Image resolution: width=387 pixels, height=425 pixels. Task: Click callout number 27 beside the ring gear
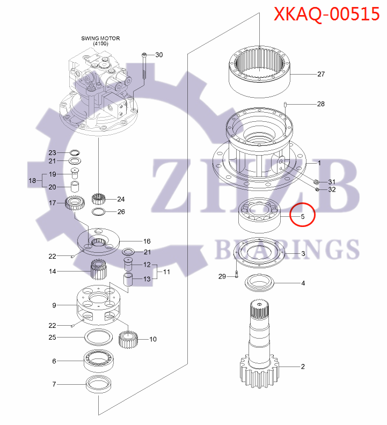(321, 74)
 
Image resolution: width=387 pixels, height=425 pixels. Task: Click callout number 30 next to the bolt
(159, 55)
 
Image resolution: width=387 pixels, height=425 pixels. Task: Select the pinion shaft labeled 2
(260, 349)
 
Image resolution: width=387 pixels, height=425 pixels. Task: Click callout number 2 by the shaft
(303, 367)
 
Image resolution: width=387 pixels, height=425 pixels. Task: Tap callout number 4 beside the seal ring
(303, 283)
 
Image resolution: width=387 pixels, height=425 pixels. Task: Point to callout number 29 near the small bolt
(222, 276)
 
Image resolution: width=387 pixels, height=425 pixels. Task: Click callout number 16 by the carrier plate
(147, 241)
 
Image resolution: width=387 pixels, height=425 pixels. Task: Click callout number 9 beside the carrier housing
(54, 305)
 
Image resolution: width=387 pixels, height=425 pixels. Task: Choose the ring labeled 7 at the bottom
(99, 385)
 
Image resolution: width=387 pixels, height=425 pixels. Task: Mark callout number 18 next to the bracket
(32, 181)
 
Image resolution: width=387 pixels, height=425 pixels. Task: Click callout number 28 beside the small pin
(320, 104)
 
